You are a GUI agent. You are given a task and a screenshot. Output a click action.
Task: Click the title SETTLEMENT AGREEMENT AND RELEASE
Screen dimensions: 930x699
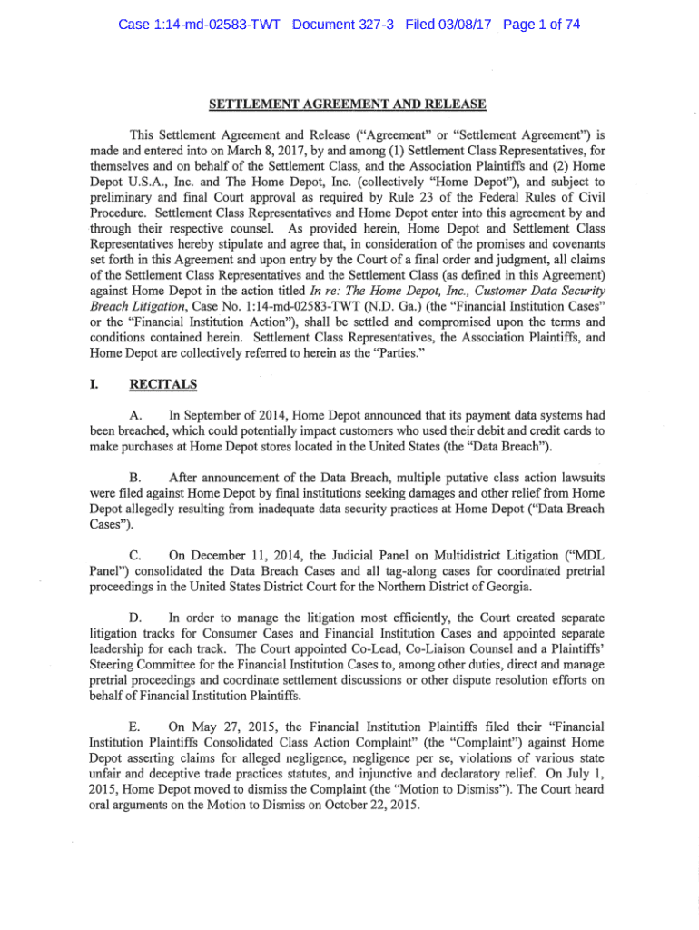[x=349, y=104]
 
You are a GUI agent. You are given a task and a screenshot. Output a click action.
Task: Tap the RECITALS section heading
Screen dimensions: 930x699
[x=163, y=384]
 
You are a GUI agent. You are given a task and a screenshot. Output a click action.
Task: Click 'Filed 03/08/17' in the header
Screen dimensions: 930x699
[x=436, y=25]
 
